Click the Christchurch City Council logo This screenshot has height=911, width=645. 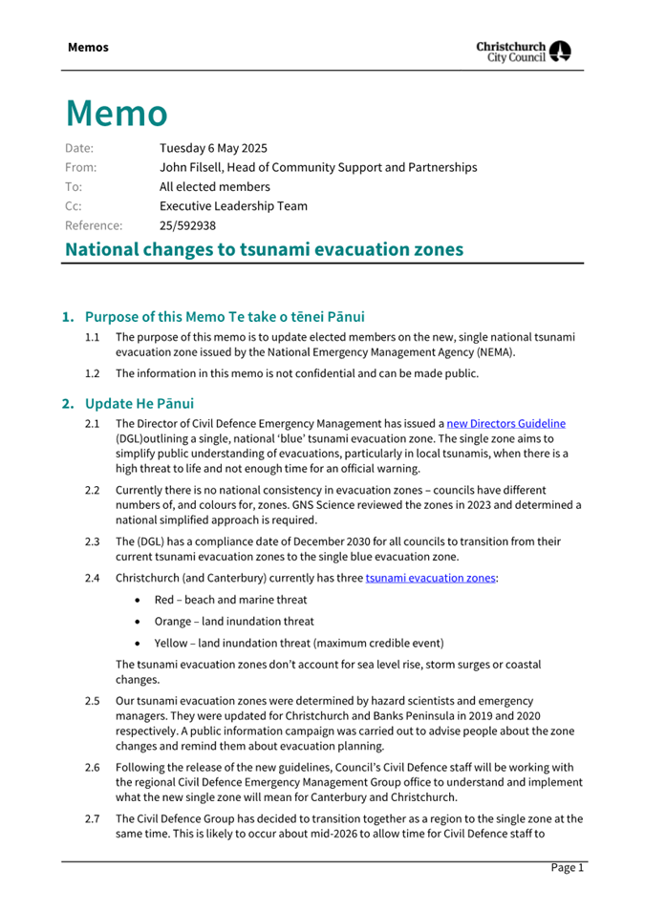click(524, 51)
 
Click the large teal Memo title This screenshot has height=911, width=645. click(117, 113)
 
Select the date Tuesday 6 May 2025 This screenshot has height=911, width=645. click(213, 148)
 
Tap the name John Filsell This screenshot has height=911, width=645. click(194, 167)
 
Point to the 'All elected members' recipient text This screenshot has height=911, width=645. click(214, 187)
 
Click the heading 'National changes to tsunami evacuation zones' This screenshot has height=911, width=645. click(264, 249)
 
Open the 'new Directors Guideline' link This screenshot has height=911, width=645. click(513, 423)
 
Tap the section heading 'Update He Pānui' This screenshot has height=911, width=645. click(140, 403)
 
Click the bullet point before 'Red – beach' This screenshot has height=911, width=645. click(140, 600)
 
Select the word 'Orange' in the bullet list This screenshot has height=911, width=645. click(173, 621)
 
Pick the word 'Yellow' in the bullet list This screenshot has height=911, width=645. click(172, 642)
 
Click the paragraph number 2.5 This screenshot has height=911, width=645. click(93, 702)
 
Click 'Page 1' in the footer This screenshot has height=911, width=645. click(567, 867)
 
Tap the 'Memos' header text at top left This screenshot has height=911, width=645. click(88, 47)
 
